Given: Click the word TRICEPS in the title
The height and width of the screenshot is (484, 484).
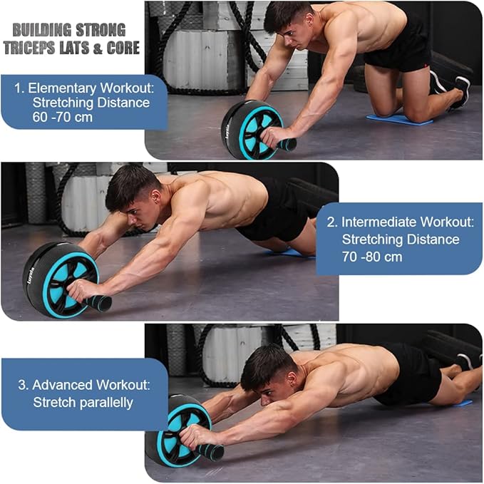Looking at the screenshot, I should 32,48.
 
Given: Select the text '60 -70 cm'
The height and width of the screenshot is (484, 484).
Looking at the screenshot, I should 63,116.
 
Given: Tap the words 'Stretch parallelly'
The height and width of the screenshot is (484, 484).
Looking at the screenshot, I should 83,402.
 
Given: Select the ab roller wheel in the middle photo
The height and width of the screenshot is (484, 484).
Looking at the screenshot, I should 60,279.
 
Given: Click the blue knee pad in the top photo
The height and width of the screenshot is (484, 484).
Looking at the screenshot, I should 398,119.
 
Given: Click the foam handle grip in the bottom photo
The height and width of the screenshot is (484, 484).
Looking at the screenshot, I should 210,451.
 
